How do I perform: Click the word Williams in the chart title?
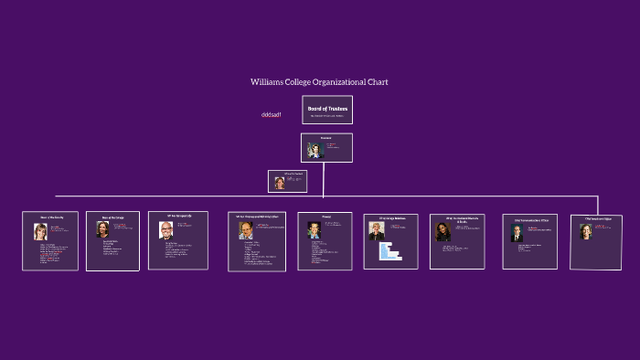(266, 82)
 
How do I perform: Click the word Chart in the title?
(378, 82)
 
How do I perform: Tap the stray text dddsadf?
(271, 115)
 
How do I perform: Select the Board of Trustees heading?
(327, 109)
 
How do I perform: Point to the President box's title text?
(325, 137)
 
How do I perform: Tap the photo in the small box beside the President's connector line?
(280, 183)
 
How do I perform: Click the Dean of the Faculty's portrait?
(40, 231)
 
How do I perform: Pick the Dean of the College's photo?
(102, 229)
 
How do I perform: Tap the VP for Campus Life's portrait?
(165, 228)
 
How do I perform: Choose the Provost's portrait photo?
(315, 230)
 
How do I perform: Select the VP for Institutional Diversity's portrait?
(443, 232)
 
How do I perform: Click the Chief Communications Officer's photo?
(517, 233)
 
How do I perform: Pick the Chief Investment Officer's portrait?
(586, 231)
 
